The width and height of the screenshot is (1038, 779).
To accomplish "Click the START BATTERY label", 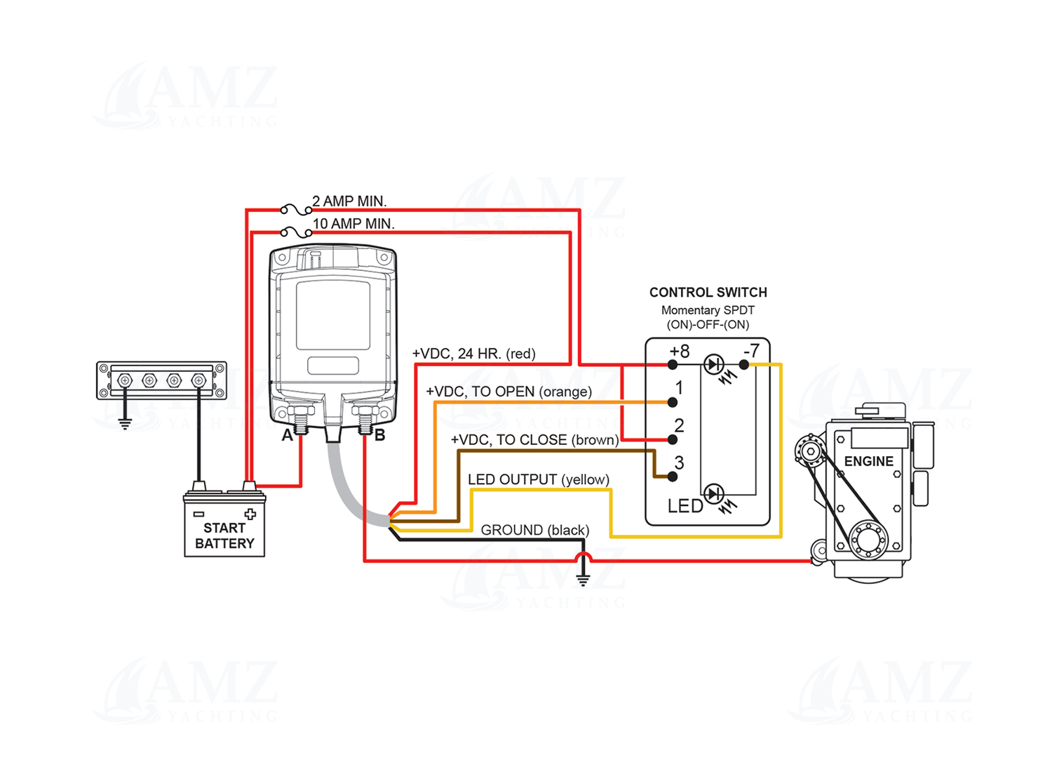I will (x=224, y=535).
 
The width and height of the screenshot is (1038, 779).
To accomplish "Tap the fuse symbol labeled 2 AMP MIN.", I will (x=296, y=209).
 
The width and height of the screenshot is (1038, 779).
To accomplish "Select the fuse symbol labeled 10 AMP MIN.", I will (x=296, y=232).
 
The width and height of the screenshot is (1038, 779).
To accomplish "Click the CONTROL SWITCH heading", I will (x=708, y=292).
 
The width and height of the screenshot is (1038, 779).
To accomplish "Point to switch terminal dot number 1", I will (x=673, y=402).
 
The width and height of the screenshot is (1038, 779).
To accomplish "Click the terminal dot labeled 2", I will (x=673, y=439).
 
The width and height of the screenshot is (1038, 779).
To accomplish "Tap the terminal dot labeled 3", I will (x=673, y=477).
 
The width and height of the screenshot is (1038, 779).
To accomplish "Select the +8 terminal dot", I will (x=673, y=365).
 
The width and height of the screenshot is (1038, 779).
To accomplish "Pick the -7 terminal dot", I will (x=744, y=365).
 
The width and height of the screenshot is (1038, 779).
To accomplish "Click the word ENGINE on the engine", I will (x=868, y=461).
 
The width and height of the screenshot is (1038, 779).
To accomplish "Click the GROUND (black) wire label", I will (x=534, y=530).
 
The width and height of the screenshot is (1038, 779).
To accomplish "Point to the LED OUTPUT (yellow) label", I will (x=538, y=479).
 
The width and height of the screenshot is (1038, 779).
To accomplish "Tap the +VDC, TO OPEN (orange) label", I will (x=508, y=391).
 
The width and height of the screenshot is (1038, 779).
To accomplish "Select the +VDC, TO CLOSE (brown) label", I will (x=534, y=440).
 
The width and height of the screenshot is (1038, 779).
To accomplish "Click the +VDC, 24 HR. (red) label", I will (x=473, y=353).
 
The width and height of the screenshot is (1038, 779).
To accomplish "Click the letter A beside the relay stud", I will (x=287, y=436).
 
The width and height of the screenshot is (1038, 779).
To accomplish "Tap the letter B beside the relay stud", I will (x=380, y=436).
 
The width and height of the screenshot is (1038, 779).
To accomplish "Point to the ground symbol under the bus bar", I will (x=125, y=423).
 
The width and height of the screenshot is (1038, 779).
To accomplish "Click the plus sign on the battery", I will (x=250, y=514).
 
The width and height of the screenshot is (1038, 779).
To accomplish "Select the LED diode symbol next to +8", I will (x=714, y=364).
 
